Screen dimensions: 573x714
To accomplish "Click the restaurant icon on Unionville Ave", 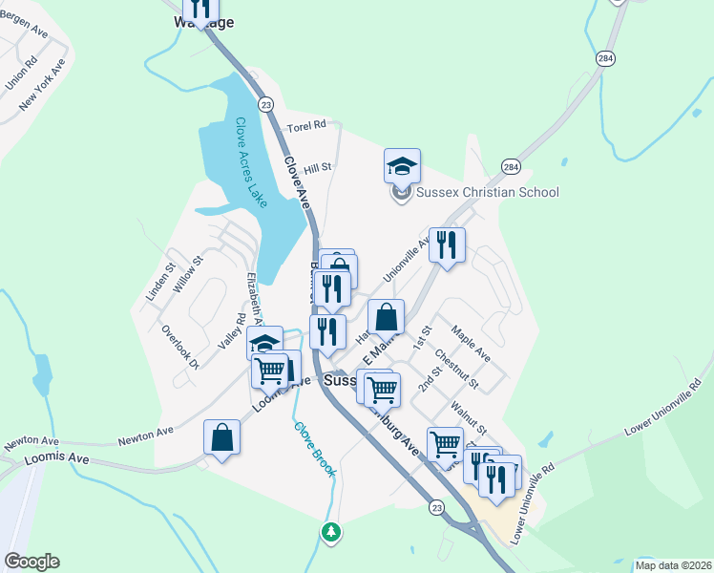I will [447, 244].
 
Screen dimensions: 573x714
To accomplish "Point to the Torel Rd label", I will [306, 125].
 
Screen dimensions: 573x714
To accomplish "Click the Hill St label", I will [317, 166].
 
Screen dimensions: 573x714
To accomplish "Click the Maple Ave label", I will [471, 343].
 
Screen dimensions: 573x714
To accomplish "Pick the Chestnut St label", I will [455, 370].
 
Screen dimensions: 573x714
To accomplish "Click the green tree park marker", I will [331, 530].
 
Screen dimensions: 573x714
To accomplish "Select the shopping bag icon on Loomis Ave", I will [221, 437].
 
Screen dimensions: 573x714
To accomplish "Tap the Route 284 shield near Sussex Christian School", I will [513, 166].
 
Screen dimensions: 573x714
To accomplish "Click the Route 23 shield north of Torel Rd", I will [265, 104].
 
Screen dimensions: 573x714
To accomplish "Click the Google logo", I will [31, 562].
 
